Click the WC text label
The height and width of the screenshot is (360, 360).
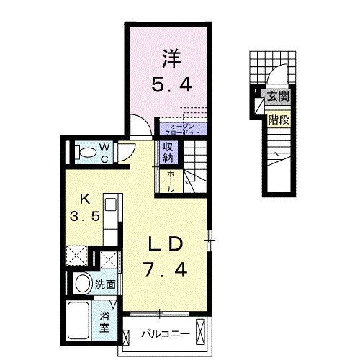pyautogui.click(x=104, y=152)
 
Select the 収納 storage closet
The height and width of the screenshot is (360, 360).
pyautogui.click(x=168, y=153)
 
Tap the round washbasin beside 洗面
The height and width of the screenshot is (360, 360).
pyautogui.click(x=81, y=283)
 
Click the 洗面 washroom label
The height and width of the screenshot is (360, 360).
pyautogui.click(x=105, y=284)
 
